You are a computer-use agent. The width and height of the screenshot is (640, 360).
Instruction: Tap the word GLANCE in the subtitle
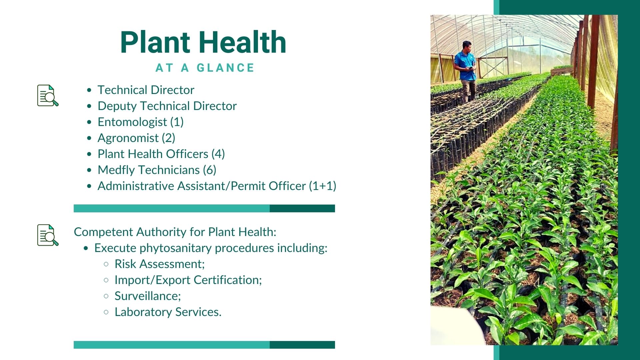pos(226,68)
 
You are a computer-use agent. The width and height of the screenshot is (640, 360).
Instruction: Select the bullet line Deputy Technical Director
pos(167,106)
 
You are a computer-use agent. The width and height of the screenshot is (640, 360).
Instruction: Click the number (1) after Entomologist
pos(177,122)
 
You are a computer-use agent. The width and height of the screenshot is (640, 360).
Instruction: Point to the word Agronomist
pos(128,138)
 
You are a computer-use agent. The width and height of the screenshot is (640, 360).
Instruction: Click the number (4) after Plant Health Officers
pos(218,154)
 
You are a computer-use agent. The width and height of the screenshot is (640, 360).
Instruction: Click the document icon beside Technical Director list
pos(48,96)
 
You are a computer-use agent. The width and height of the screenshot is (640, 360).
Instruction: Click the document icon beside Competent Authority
pos(48,235)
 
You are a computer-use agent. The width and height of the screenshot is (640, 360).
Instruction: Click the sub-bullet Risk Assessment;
pos(160,264)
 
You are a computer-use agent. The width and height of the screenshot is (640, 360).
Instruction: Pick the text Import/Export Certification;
pos(188,280)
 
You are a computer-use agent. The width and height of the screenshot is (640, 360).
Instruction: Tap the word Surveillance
pos(146,296)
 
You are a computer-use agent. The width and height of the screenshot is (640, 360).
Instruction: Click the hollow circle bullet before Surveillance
pos(106,296)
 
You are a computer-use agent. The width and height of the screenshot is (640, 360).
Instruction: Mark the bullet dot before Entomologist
pos(89,122)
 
